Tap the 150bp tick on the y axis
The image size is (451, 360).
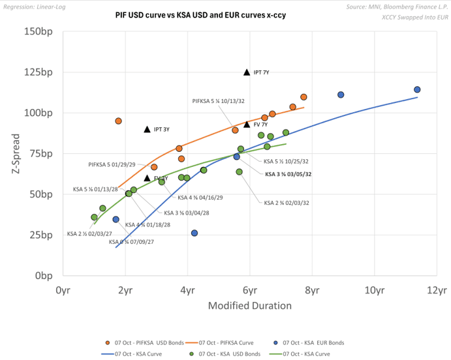point(39,31)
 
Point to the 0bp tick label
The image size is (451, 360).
point(44,275)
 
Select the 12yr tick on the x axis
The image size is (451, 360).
point(437,289)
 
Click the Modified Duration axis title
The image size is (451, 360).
point(249,305)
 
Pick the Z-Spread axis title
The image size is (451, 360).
point(16,153)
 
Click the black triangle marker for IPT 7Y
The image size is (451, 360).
point(247,72)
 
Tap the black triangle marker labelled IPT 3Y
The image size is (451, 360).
point(148,129)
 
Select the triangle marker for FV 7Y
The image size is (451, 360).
point(247,124)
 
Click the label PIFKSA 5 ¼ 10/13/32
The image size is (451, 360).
point(218,101)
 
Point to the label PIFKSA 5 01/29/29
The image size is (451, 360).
point(112,164)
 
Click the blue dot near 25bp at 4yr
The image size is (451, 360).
point(194,233)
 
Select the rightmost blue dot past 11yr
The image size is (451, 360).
point(417,90)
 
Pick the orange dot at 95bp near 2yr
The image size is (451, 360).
point(119,121)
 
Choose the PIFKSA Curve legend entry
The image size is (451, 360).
point(223,342)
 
